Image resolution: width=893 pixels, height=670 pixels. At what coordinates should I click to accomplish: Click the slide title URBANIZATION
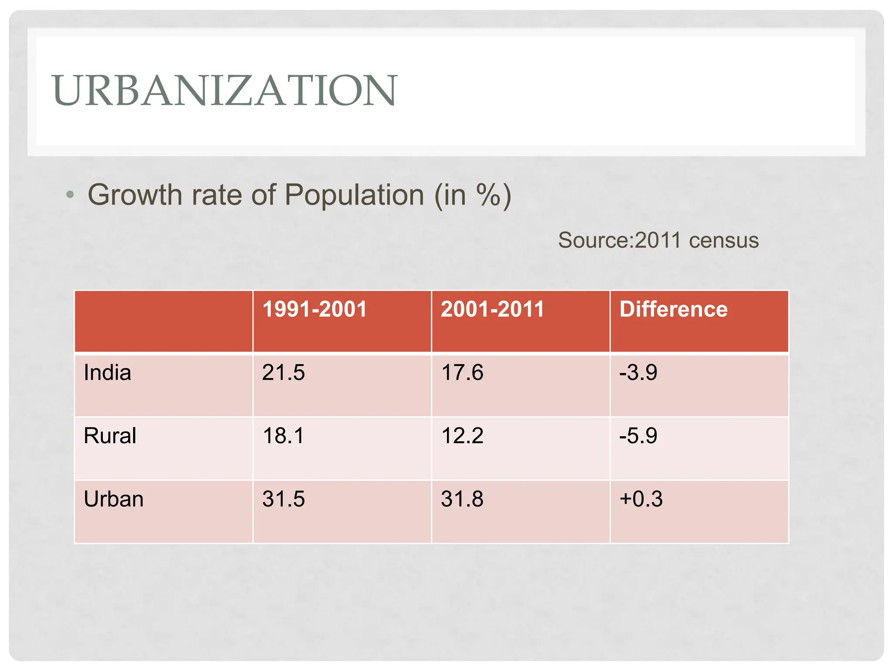click(225, 90)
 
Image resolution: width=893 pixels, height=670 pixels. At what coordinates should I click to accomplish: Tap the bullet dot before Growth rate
click(70, 195)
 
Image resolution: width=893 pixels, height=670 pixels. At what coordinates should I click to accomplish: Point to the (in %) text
click(473, 195)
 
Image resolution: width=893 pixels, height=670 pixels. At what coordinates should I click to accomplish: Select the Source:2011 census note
click(658, 240)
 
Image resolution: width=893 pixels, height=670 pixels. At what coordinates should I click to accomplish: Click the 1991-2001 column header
click(315, 309)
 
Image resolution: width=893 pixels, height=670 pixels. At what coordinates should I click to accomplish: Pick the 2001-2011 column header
click(493, 309)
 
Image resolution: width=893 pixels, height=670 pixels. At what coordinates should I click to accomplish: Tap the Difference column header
click(673, 309)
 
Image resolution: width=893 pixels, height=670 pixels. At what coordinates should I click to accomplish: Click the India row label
click(107, 373)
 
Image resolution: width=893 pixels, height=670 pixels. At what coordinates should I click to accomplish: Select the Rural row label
click(110, 436)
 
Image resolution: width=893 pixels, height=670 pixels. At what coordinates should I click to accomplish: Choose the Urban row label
click(113, 499)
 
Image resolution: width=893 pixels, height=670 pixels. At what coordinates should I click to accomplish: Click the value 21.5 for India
click(283, 373)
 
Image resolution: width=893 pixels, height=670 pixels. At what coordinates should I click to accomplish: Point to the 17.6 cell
click(462, 373)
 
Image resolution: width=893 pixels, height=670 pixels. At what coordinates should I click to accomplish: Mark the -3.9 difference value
click(638, 373)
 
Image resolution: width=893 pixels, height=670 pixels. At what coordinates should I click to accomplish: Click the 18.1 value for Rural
click(283, 436)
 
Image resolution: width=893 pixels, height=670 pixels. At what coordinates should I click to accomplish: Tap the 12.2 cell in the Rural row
click(462, 436)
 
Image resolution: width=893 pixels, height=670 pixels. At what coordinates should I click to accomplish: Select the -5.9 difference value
click(638, 436)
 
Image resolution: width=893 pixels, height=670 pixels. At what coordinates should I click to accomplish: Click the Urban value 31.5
click(283, 499)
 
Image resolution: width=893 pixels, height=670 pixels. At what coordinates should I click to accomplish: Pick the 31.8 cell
click(462, 499)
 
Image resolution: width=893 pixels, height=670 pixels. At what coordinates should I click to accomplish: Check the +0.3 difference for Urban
click(641, 499)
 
